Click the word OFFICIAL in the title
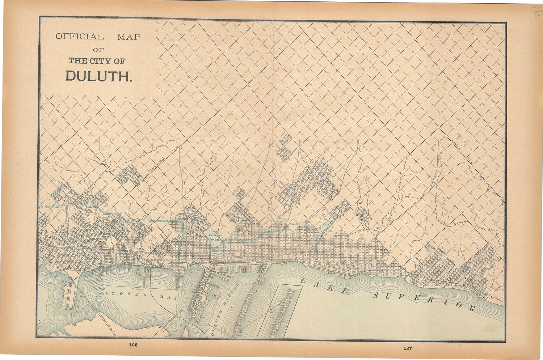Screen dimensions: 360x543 click(79, 37)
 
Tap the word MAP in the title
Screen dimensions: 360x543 click(129, 37)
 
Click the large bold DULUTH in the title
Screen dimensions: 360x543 click(98, 76)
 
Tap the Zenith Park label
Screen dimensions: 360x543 click(214, 237)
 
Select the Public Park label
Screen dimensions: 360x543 click(215, 252)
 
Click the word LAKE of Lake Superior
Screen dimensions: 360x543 click(324, 285)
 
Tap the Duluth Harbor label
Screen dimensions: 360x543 click(224, 309)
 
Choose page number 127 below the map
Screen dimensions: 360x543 click(408, 348)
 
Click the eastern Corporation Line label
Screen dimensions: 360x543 click(460, 150)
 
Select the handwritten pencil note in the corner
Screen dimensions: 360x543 click(537, 12)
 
